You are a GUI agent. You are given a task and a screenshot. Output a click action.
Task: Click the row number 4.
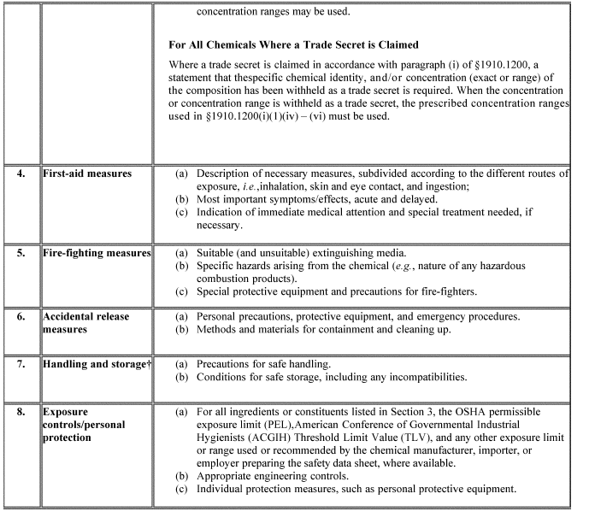coord(21,173)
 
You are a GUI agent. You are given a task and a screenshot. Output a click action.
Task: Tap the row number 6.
coord(21,316)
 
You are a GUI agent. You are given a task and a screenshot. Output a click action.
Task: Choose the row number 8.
coord(21,412)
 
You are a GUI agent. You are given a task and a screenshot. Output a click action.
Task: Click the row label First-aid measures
coord(88,173)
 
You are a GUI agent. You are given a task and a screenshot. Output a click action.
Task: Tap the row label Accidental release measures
coord(86,323)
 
